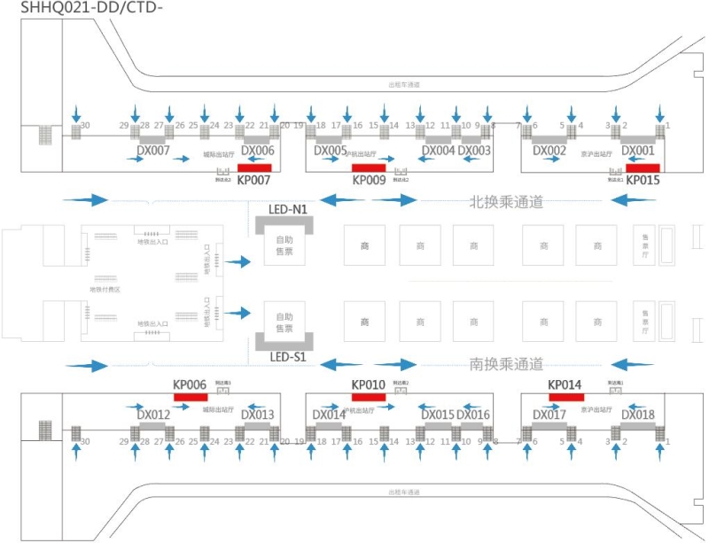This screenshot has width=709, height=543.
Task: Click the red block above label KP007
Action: (x=255, y=168)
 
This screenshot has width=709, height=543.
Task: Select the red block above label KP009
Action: (x=369, y=168)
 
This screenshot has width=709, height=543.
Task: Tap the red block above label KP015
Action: (x=641, y=168)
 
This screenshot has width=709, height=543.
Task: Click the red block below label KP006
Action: (x=190, y=397)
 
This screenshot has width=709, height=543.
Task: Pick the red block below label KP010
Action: (x=369, y=397)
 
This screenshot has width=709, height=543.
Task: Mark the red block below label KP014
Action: (x=565, y=397)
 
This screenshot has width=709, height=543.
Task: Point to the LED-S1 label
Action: (x=287, y=356)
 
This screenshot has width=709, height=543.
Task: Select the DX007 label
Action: (x=153, y=151)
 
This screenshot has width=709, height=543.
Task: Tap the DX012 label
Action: (x=153, y=415)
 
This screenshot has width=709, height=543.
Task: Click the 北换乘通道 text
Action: (x=505, y=203)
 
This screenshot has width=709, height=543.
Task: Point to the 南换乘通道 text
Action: (x=505, y=363)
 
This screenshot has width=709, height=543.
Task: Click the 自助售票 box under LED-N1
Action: (x=284, y=245)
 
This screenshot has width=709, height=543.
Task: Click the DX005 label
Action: (x=331, y=151)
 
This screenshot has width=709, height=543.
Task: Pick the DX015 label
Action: (x=438, y=415)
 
